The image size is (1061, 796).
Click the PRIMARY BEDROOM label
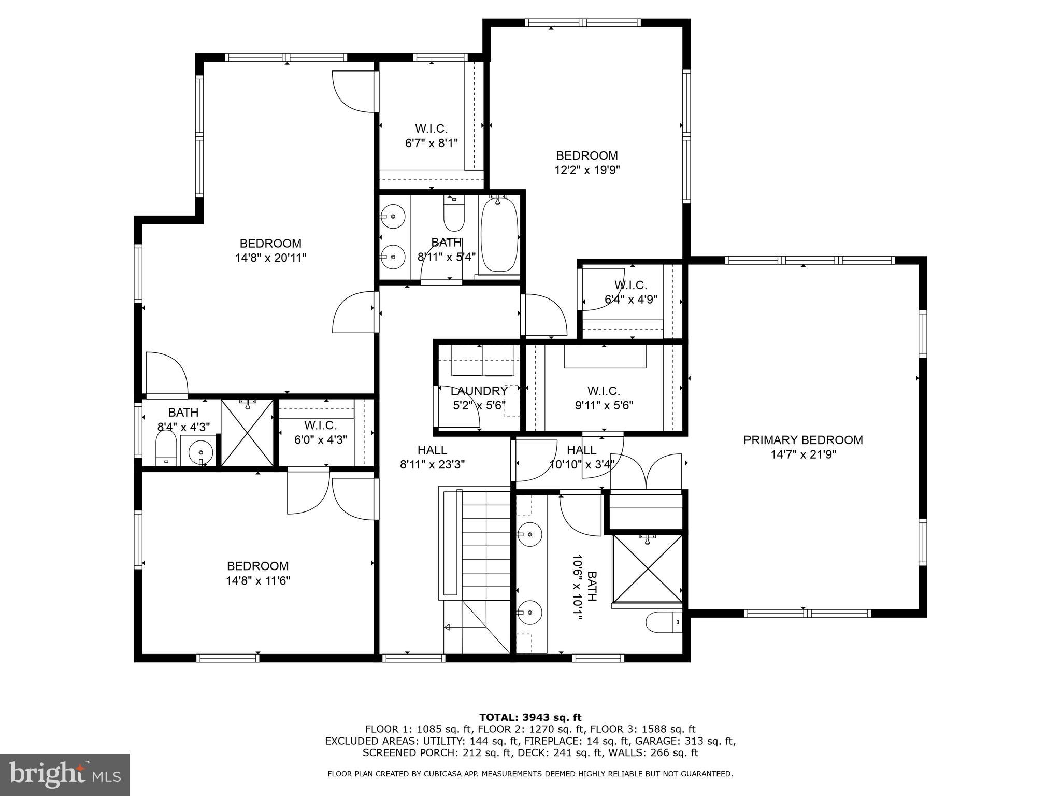click(x=803, y=440)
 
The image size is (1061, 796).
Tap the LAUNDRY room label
click(x=479, y=391)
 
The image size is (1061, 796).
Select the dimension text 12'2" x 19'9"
click(x=587, y=170)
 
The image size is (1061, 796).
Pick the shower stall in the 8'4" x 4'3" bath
click(x=247, y=433)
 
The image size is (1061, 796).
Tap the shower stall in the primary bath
click(x=648, y=569)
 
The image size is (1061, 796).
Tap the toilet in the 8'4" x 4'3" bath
click(x=166, y=448)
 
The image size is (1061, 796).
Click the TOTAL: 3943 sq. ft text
click(x=530, y=718)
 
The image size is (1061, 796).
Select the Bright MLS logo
click(x=65, y=774)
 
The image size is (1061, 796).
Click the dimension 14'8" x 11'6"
click(x=257, y=581)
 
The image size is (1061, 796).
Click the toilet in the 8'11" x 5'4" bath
click(x=454, y=215)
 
